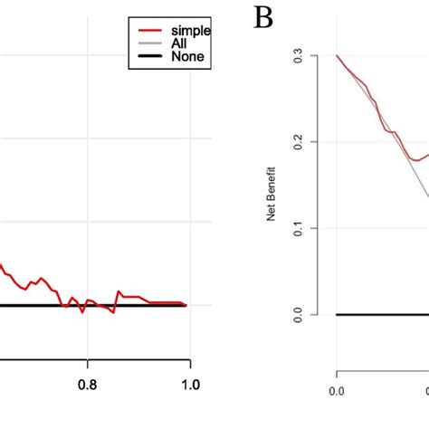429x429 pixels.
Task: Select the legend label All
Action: tap(179, 43)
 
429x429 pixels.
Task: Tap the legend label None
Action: tap(186, 57)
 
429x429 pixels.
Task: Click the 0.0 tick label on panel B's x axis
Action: tap(338, 391)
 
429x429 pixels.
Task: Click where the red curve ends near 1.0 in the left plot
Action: tap(186, 305)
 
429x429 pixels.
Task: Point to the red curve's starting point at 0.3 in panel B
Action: tap(338, 55)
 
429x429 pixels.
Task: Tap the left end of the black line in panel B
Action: tap(338, 314)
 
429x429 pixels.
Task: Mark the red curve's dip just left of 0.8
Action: tap(81, 311)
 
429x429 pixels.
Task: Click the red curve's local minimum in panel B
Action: tap(415, 160)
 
